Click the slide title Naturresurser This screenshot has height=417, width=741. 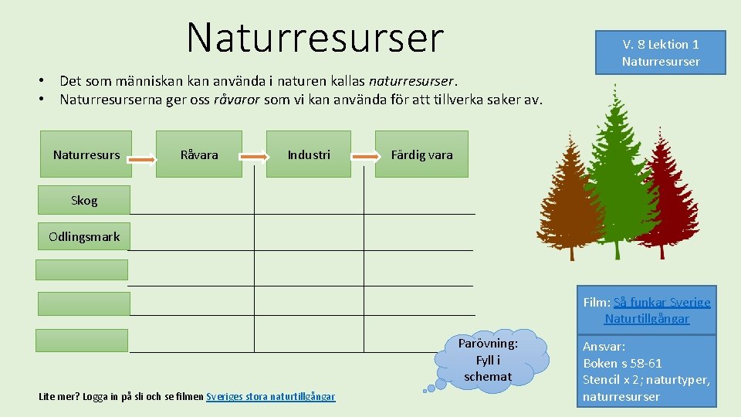click(315, 36)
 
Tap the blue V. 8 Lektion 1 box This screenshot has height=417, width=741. click(660, 53)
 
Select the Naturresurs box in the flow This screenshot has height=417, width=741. click(86, 154)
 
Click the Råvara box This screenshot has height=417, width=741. click(199, 154)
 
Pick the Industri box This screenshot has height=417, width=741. click(309, 154)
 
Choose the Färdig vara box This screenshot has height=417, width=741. click(421, 154)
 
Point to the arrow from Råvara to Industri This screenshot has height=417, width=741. click(254, 156)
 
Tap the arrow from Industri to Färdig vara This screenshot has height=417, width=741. click(364, 156)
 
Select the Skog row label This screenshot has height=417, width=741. click(83, 200)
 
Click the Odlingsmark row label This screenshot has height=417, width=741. click(83, 236)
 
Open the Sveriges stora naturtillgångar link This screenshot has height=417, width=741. click(270, 396)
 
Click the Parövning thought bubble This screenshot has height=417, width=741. click(487, 360)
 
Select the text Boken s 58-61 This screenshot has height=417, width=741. click(622, 363)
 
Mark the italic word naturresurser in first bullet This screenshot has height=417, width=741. click(413, 80)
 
